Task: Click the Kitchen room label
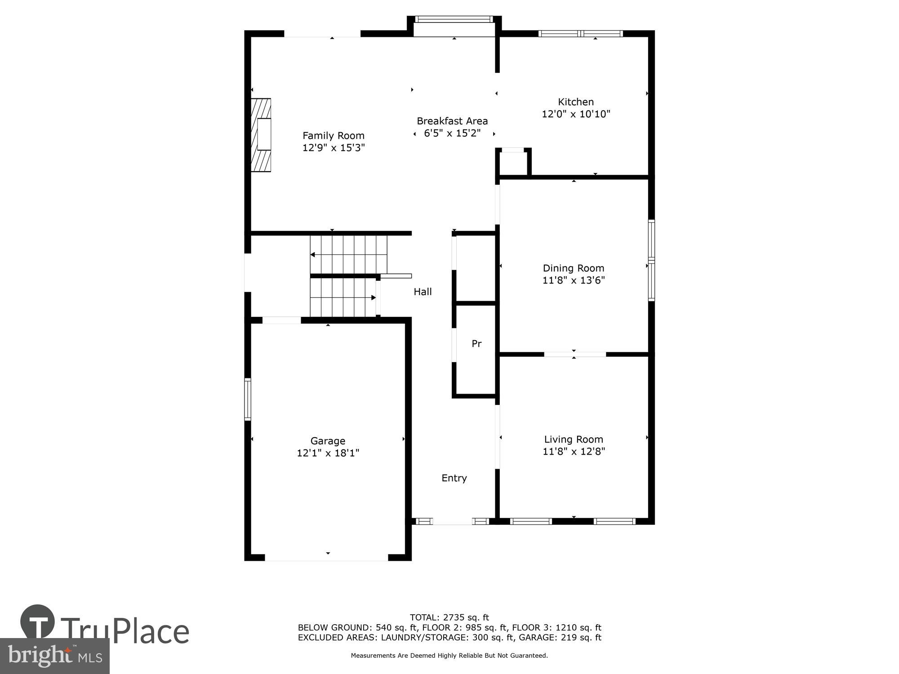(x=576, y=102)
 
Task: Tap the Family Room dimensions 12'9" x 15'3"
(x=334, y=148)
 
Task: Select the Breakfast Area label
(x=452, y=121)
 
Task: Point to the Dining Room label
(x=574, y=268)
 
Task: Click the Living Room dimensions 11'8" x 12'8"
(x=574, y=452)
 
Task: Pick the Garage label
(x=328, y=441)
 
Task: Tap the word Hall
(x=423, y=292)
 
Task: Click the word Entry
(x=454, y=478)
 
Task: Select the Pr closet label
(x=476, y=344)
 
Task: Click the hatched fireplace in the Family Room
(x=262, y=135)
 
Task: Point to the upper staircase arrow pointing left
(x=313, y=255)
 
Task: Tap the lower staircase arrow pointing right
(x=373, y=297)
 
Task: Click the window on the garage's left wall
(x=248, y=399)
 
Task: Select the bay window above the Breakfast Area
(x=454, y=19)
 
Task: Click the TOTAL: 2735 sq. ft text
(x=449, y=617)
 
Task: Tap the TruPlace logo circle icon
(x=38, y=622)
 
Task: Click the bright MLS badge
(x=55, y=656)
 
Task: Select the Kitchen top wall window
(x=581, y=33)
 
